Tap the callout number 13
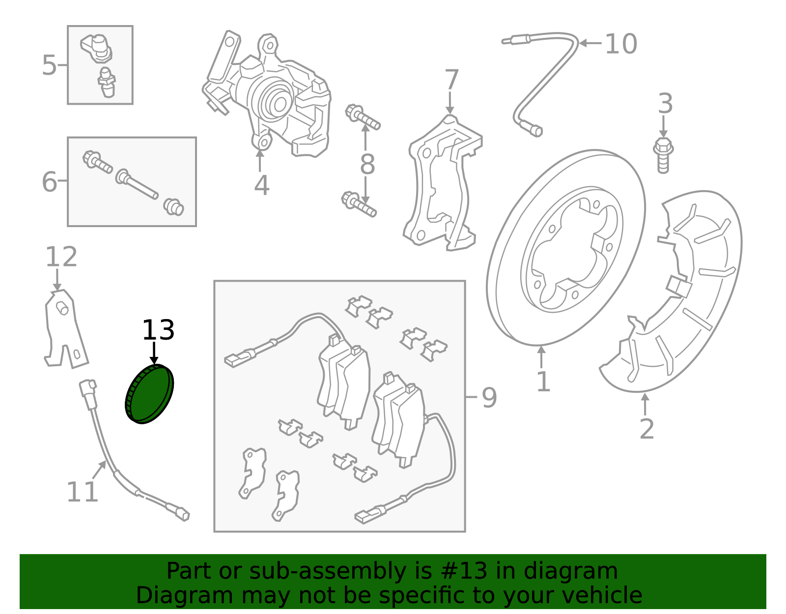[x=158, y=330]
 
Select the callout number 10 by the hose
[x=621, y=44]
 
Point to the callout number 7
[x=451, y=80]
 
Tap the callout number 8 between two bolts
[x=367, y=165]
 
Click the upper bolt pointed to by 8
[x=363, y=117]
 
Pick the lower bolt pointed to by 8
[x=359, y=204]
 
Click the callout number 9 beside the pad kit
[x=489, y=397]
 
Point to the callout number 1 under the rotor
[x=543, y=382]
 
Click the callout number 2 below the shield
[x=646, y=429]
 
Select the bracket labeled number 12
[x=64, y=329]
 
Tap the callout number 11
[x=82, y=492]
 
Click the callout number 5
[x=49, y=65]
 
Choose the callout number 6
[x=49, y=181]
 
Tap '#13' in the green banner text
[x=464, y=571]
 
